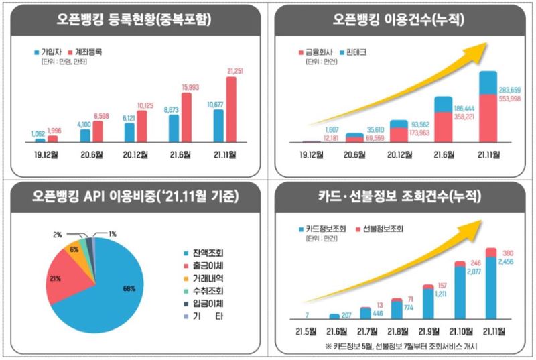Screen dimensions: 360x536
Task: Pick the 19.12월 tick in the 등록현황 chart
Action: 46,156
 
